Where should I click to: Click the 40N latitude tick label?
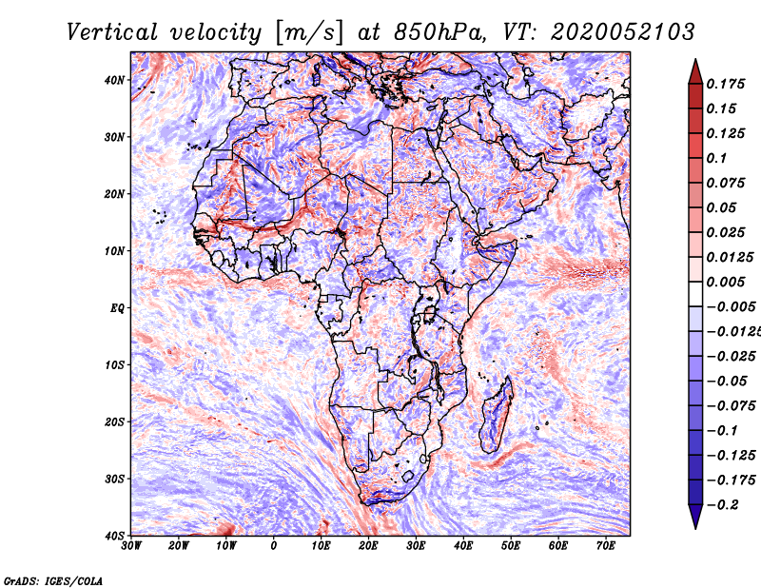pos(114,80)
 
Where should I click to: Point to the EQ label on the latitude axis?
pos(117,308)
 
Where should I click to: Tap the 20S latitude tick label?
pos(114,421)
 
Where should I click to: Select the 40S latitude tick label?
pos(114,536)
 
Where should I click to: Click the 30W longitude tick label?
pos(131,546)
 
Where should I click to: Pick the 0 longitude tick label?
pos(274,546)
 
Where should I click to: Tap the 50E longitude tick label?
pos(511,546)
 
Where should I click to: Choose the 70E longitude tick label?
pos(606,546)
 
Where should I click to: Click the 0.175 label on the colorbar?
pos(726,84)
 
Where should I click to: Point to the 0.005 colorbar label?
pos(726,282)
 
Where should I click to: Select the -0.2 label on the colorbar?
pos(723,505)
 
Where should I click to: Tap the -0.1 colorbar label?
pos(723,431)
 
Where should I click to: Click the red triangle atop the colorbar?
pos(695,72)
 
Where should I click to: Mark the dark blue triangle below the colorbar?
pos(695,516)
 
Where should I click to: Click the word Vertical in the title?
pos(112,32)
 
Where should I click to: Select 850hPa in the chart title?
pos(439,32)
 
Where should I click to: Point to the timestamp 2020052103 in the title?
pos(623,32)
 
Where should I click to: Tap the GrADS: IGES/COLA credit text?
pos(53,581)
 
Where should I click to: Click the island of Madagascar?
pos(497,416)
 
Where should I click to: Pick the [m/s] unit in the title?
pos(309,32)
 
